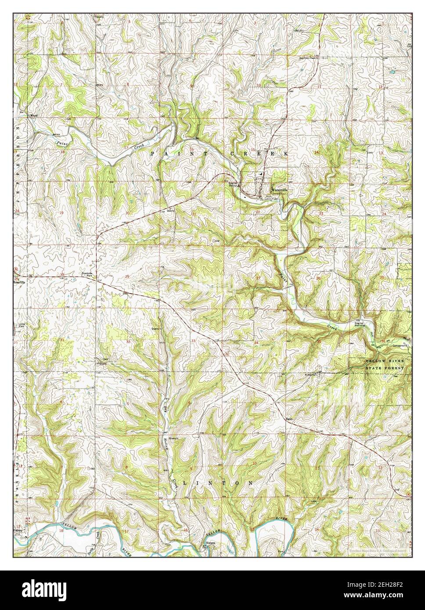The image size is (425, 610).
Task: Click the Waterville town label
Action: pyautogui.click(x=279, y=190)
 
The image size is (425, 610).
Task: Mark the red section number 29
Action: pyautogui.click(x=127, y=276)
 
